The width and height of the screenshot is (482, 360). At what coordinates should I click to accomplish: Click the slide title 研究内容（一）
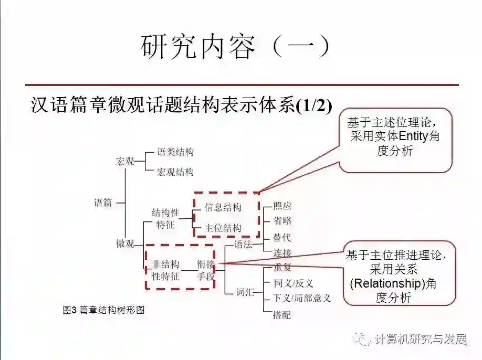tap(236, 47)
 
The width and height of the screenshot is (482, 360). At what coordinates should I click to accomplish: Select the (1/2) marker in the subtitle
tap(314, 105)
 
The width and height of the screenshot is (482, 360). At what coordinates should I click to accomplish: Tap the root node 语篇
tap(103, 203)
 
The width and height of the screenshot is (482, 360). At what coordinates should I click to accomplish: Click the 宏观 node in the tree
tap(125, 161)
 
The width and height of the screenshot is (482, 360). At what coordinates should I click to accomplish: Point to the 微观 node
tap(125, 243)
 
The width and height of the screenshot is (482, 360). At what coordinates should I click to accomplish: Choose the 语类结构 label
tap(175, 153)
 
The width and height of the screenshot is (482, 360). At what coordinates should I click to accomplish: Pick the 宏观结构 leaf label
tap(175, 172)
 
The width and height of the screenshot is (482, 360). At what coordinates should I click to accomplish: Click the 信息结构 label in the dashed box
tap(223, 208)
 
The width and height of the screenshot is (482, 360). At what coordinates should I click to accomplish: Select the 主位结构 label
tap(223, 228)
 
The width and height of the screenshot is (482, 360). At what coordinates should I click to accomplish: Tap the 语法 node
tap(243, 245)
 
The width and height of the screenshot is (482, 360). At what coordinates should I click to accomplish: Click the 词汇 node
tap(244, 292)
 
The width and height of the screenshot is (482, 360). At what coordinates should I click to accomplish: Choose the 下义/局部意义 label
tap(302, 299)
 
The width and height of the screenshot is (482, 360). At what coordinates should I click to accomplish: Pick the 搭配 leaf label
tap(282, 315)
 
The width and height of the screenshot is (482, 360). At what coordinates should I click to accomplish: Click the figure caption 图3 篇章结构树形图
tap(103, 310)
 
